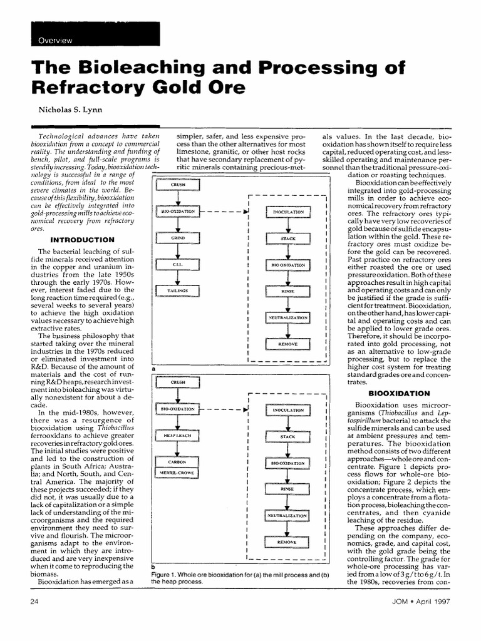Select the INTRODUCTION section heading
point(81,240)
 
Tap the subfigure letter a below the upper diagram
point(153,370)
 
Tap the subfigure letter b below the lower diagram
point(153,567)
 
